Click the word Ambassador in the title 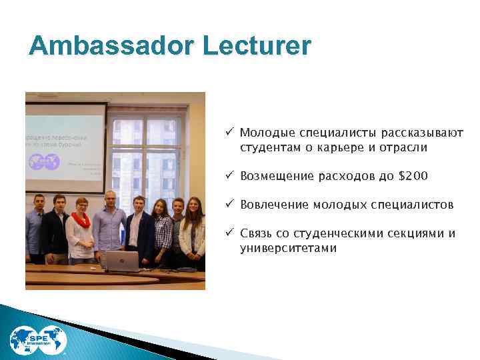coord(110,46)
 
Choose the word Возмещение coord(275,176)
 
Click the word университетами coord(289,248)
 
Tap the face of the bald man coord(109,199)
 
